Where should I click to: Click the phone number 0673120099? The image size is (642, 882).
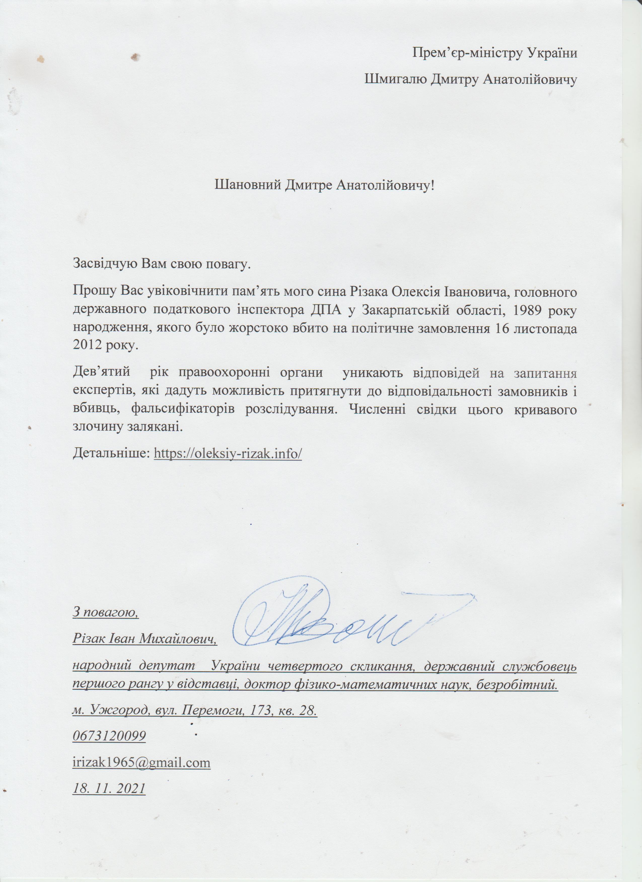(109, 736)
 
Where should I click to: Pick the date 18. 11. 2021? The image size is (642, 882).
(109, 789)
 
